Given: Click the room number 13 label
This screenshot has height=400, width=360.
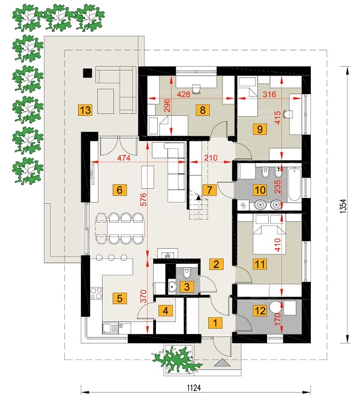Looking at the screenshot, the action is coord(85,110).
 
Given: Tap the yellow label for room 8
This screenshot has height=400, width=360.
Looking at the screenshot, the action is coord(203,110).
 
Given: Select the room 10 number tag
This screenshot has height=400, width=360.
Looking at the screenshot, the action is coord(260,190).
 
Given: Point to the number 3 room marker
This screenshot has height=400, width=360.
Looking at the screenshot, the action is coord(187,287).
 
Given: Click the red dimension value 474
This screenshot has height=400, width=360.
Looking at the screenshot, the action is coord(124,158).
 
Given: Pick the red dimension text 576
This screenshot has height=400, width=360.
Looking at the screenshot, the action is coord(143,199).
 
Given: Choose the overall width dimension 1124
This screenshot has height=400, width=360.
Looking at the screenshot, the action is coord(194,388).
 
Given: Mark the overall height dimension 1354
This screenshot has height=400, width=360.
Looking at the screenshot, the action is coord(344,206).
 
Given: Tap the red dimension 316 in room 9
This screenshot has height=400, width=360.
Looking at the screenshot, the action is coord(269,94).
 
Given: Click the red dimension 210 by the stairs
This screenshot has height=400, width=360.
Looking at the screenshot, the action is coord(211,158).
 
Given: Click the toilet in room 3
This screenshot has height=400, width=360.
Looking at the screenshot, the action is coord(187,273).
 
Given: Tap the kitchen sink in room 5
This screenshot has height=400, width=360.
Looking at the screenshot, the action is coord(110,328).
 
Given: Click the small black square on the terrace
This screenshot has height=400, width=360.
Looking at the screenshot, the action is coord(88,73).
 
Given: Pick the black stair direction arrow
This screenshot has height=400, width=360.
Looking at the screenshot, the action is coord(198,197).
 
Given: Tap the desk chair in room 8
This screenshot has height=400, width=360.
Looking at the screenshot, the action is coord(196,89).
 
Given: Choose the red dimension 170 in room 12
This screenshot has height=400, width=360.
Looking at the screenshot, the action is coord(278,318).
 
